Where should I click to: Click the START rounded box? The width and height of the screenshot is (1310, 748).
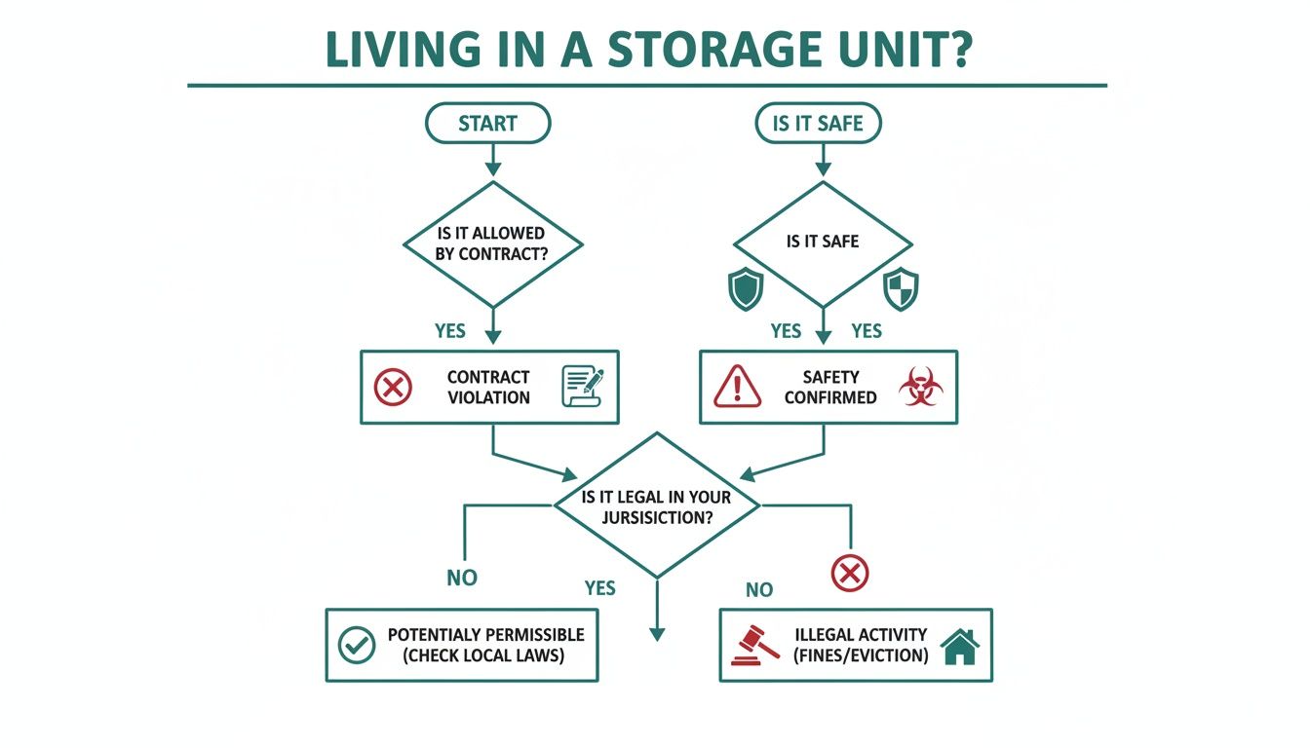click(487, 124)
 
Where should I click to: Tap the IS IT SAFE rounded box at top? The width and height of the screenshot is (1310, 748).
click(818, 124)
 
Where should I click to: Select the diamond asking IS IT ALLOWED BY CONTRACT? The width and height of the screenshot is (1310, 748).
click(492, 243)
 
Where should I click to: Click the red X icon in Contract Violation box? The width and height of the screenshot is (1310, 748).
click(394, 388)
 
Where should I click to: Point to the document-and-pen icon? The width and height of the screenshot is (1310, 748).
click(583, 387)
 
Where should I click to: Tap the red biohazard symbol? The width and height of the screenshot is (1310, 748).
click(920, 387)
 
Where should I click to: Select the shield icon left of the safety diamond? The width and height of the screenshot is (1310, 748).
click(746, 290)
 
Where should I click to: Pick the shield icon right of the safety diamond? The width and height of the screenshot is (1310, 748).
click(900, 290)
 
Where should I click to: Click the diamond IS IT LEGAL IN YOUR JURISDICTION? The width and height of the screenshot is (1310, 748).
click(656, 506)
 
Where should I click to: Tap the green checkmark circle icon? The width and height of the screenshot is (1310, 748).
click(356, 645)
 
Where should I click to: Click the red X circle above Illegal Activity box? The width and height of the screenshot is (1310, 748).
click(850, 572)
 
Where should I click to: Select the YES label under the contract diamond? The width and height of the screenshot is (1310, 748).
click(449, 331)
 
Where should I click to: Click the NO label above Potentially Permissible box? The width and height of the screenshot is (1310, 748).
click(462, 578)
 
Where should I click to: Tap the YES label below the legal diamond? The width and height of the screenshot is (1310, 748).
click(600, 587)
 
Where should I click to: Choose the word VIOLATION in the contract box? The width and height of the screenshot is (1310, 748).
click(489, 397)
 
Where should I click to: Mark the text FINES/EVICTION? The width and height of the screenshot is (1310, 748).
click(860, 654)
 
